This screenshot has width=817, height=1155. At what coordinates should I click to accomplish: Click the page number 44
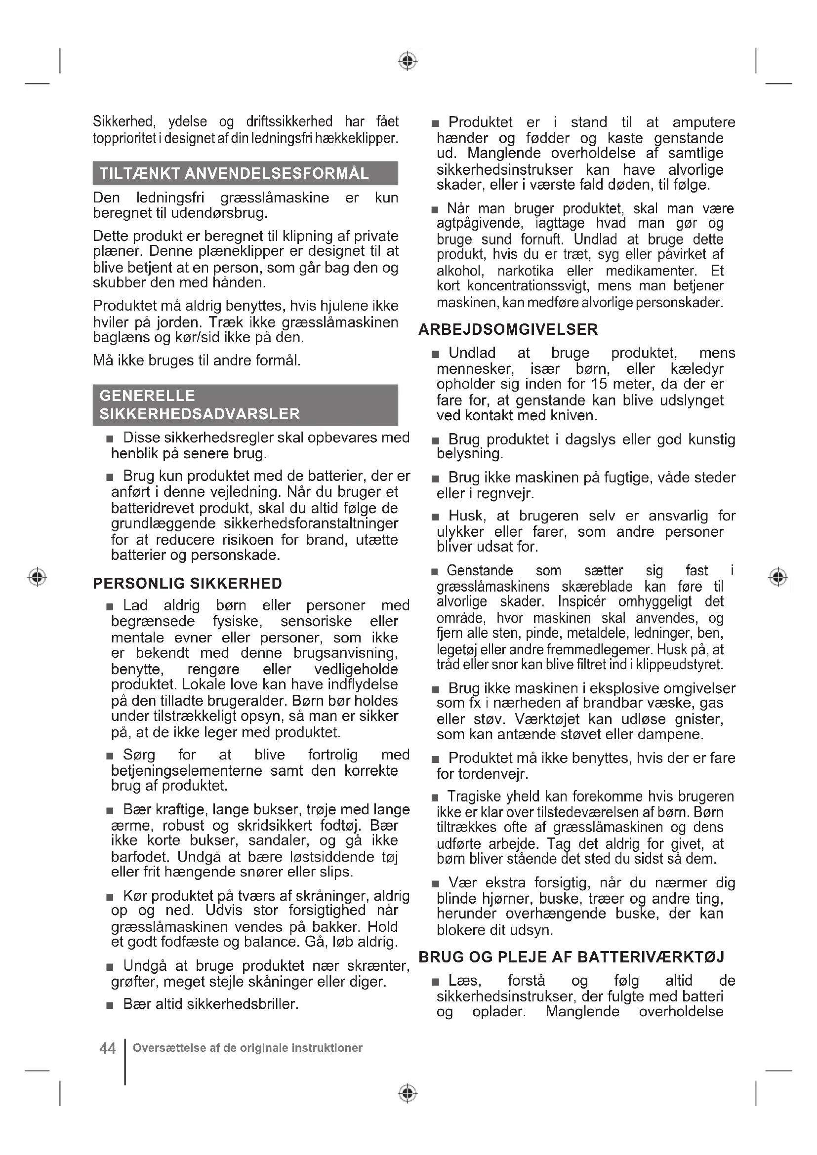click(x=108, y=1048)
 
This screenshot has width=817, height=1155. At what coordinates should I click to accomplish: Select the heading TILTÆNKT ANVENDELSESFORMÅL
click(x=234, y=173)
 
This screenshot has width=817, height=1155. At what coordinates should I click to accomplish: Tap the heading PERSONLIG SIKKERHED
click(x=188, y=584)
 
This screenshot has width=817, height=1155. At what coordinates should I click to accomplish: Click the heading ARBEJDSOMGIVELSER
click(x=508, y=329)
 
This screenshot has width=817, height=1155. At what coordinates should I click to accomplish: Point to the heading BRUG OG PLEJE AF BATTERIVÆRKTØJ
click(x=572, y=957)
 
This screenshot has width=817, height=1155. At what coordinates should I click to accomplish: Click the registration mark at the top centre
click(x=408, y=61)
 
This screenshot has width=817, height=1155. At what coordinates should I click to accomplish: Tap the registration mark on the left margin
click(x=37, y=576)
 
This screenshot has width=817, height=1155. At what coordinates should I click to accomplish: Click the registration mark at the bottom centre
click(x=408, y=1093)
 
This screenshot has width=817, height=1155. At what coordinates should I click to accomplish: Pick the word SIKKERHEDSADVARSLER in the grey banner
click(x=200, y=414)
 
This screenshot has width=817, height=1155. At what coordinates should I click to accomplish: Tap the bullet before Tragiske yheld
click(x=435, y=798)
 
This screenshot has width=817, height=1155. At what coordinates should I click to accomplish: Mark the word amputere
click(x=704, y=122)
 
